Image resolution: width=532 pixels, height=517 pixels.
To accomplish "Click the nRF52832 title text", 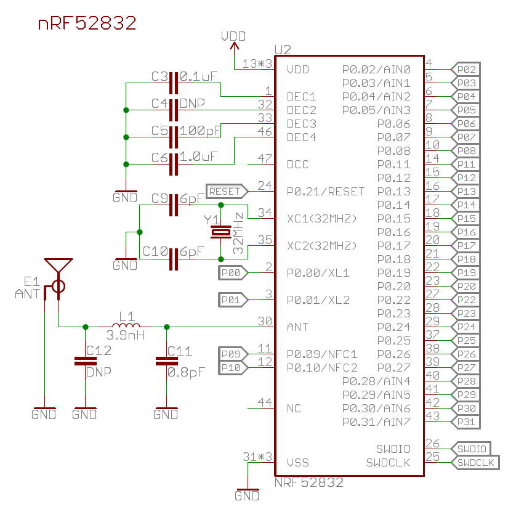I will click(87, 23).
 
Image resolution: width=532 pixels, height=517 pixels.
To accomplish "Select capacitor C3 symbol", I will click(174, 83).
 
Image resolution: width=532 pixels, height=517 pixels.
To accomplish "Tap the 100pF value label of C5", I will click(200, 131).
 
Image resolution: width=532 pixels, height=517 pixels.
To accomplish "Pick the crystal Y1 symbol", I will click(220, 232).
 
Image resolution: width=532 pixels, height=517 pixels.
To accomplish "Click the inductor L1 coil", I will click(126, 326).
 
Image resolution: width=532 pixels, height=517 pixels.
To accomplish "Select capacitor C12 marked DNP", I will click(84, 361).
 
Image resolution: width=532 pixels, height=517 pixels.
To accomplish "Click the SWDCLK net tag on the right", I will click(478, 462).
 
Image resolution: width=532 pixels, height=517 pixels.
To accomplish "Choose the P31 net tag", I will click(466, 421).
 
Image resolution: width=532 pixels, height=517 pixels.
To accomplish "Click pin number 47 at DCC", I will click(265, 158).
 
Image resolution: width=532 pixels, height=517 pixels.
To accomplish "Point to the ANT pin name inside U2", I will click(298, 327).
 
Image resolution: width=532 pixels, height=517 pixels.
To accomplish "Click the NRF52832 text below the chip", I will click(309, 483).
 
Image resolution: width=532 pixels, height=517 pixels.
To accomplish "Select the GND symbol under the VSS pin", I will click(247, 495).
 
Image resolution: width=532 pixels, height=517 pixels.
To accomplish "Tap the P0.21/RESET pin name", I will click(326, 191).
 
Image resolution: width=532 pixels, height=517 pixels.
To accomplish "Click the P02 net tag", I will click(466, 68).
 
